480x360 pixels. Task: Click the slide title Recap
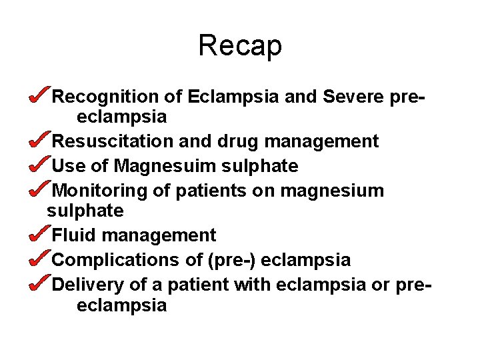pyautogui.click(x=240, y=45)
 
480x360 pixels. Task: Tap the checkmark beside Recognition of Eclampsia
pyautogui.click(x=39, y=96)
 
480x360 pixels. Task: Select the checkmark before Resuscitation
pyautogui.click(x=39, y=141)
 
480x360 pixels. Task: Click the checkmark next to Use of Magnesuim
pyautogui.click(x=39, y=165)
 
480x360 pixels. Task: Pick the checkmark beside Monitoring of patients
pyautogui.click(x=39, y=190)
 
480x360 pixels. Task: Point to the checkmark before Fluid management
pyautogui.click(x=39, y=235)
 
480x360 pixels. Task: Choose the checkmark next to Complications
pyautogui.click(x=39, y=259)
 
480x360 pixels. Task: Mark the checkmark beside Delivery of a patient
pyautogui.click(x=39, y=284)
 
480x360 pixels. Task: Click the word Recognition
pyautogui.click(x=106, y=97)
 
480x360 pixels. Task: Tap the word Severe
pyautogui.click(x=354, y=97)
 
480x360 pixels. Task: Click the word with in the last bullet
pyautogui.click(x=253, y=285)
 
